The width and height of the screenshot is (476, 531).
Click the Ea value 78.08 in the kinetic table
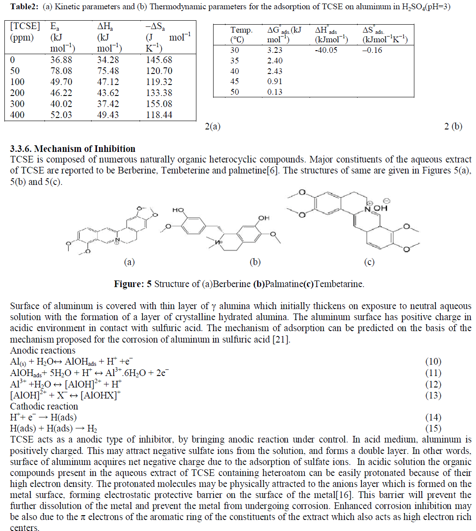click(x=61, y=71)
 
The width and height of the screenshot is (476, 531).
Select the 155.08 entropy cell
click(x=159, y=104)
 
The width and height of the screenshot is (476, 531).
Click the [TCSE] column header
click(x=25, y=26)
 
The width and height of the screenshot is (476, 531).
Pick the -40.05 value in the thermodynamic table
click(x=326, y=50)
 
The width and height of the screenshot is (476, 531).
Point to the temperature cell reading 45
click(x=235, y=81)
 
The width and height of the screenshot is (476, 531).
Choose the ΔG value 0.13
click(x=275, y=92)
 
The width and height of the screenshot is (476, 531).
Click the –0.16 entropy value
click(x=372, y=50)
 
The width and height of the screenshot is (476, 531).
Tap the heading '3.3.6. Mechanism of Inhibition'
click(x=73, y=149)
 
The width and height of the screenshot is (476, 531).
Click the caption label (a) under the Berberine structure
click(x=129, y=262)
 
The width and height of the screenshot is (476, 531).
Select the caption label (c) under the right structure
click(x=369, y=262)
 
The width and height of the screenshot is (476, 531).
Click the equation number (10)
click(x=433, y=362)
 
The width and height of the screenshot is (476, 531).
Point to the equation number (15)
click(x=433, y=428)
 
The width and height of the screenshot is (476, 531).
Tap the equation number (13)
click(x=433, y=395)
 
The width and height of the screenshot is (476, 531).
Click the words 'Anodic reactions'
click(x=43, y=351)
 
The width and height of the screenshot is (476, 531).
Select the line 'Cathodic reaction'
click(x=44, y=406)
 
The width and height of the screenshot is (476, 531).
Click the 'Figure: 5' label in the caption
click(x=133, y=284)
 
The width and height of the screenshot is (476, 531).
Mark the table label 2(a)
click(x=213, y=127)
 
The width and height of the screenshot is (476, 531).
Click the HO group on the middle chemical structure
click(x=178, y=210)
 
